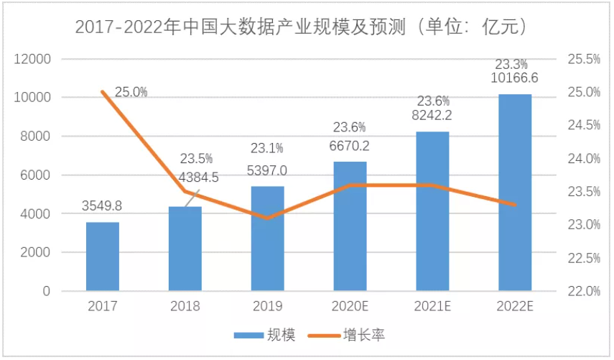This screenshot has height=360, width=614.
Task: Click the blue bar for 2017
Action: tap(103, 257)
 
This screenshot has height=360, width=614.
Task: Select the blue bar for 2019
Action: tap(267, 239)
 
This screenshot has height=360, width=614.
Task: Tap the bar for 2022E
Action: tap(515, 193)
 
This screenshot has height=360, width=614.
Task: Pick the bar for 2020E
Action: tap(350, 226)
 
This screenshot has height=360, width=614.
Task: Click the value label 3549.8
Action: tap(103, 206)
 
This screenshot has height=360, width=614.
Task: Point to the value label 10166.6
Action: tap(514, 77)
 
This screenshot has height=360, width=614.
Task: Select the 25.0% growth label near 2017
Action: tap(131, 92)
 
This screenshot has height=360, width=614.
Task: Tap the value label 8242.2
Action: tap(432, 115)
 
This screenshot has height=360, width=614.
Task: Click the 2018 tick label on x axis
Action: tap(185, 306)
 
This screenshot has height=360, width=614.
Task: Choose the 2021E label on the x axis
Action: tap(432, 306)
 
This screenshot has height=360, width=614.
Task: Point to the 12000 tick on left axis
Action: tap(34, 59)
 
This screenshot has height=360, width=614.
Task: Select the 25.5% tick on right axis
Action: tap(584, 59)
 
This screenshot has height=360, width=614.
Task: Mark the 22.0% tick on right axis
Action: tap(584, 292)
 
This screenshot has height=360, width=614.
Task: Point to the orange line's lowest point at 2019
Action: tap(267, 218)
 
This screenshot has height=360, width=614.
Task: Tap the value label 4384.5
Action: tap(185, 176)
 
